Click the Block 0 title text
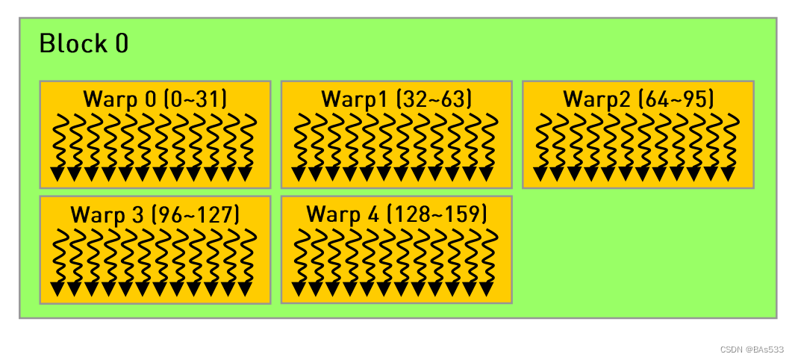[84, 44]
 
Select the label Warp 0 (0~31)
[155, 99]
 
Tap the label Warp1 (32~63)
[396, 99]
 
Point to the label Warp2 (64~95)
[638, 99]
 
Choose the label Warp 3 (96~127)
[155, 214]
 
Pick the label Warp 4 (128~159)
[396, 214]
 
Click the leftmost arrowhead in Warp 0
[57, 174]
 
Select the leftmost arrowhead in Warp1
[299, 174]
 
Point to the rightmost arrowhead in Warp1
[486, 174]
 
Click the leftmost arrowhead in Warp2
[540, 174]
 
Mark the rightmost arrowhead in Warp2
[728, 174]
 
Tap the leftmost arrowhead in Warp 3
[57, 289]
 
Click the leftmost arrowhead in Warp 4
[299, 289]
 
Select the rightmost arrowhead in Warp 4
[486, 289]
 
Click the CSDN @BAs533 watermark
[752, 349]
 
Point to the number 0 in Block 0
[122, 44]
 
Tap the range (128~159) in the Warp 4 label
[436, 214]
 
